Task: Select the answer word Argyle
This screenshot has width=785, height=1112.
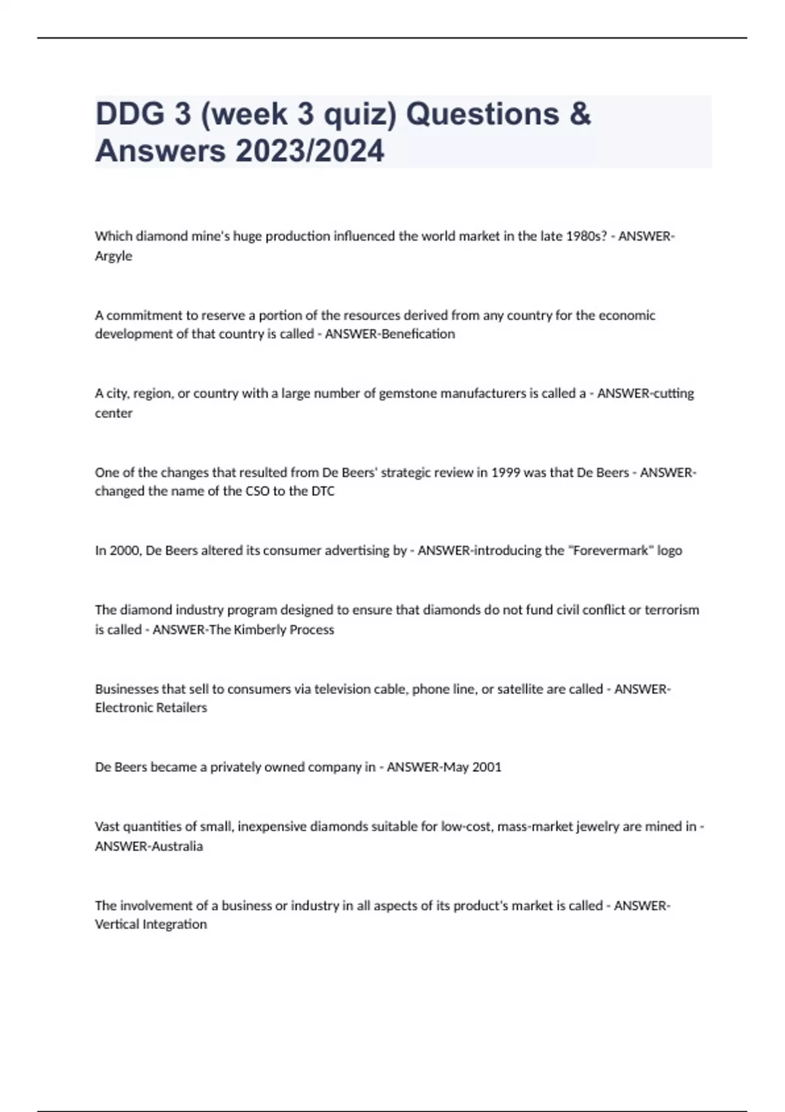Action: [113, 256]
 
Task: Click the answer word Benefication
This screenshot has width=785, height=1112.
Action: [418, 334]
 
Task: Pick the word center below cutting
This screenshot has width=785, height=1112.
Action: [113, 413]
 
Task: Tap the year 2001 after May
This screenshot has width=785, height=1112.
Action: [487, 767]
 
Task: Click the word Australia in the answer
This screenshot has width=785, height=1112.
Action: [177, 846]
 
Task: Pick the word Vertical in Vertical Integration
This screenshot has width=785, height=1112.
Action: [117, 924]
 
